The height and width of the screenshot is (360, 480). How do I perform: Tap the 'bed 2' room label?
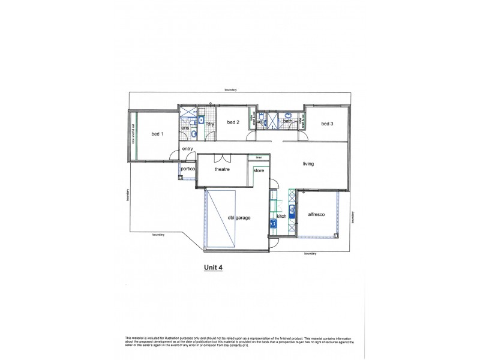[233, 123]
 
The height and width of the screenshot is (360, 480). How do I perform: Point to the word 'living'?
[308, 163]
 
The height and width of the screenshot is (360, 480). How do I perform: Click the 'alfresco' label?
[316, 214]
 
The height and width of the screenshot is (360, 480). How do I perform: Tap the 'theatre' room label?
[223, 169]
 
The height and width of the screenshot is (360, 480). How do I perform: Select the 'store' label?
[259, 170]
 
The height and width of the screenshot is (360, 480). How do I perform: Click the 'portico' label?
[188, 169]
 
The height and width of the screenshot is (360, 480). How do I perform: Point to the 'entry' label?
[187, 149]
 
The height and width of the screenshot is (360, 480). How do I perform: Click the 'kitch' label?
[281, 216]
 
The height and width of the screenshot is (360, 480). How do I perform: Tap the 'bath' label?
[287, 121]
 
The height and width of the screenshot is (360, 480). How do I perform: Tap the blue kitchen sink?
[292, 209]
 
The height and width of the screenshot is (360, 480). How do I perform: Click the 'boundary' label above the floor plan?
[231, 90]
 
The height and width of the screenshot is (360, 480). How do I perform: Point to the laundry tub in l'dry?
[203, 118]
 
